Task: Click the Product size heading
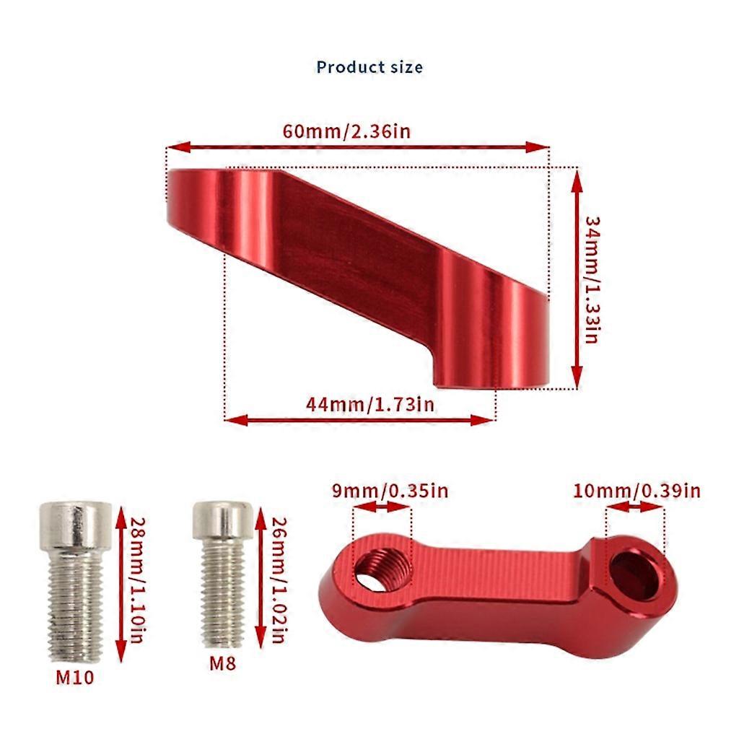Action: point(369,67)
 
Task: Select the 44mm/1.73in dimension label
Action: point(370,404)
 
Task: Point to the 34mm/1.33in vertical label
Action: point(592,278)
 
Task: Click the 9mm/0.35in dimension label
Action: point(390,491)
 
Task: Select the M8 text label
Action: point(224,663)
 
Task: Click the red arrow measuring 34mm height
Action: point(576,278)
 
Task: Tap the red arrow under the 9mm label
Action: point(382,507)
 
